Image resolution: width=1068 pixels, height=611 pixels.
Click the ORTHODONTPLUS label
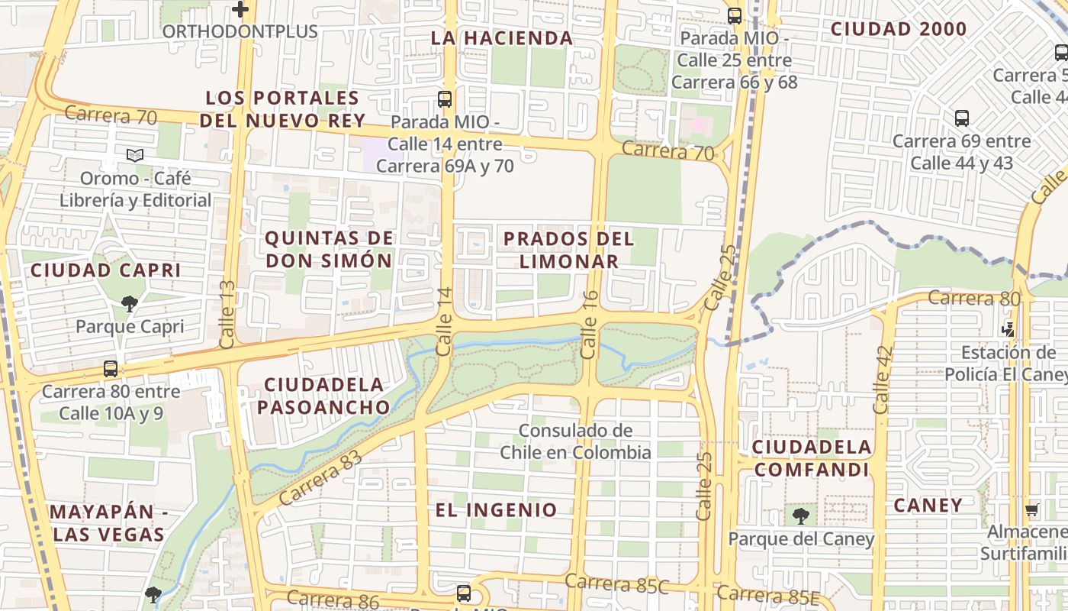pos(240,32)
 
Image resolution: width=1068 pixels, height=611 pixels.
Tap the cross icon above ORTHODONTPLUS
pos(240,10)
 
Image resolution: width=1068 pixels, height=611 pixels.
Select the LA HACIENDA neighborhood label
pos(501,38)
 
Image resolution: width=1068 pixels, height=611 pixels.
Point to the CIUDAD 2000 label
pos(898,30)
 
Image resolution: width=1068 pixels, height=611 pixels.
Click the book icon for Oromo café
pos(135,156)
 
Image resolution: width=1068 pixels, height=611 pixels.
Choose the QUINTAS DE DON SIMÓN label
pos(329,249)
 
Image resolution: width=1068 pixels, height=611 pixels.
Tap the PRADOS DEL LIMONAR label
pos(569,249)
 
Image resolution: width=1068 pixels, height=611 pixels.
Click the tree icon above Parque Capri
pos(130,304)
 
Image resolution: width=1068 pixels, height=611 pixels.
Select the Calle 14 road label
pos(445,322)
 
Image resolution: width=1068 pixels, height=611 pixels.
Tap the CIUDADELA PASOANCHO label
pos(323,396)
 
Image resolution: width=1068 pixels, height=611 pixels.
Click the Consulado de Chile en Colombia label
pos(576,441)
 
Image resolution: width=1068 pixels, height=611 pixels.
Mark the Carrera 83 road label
pos(321,478)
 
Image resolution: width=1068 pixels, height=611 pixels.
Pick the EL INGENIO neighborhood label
pos(497,509)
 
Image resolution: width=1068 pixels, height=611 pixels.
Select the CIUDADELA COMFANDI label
pos(812,457)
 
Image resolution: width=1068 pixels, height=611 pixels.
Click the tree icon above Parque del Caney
pos(801,516)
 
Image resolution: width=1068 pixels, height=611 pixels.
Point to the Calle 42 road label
pos(883,380)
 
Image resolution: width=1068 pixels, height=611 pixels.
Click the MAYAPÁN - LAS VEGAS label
pos(108,523)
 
